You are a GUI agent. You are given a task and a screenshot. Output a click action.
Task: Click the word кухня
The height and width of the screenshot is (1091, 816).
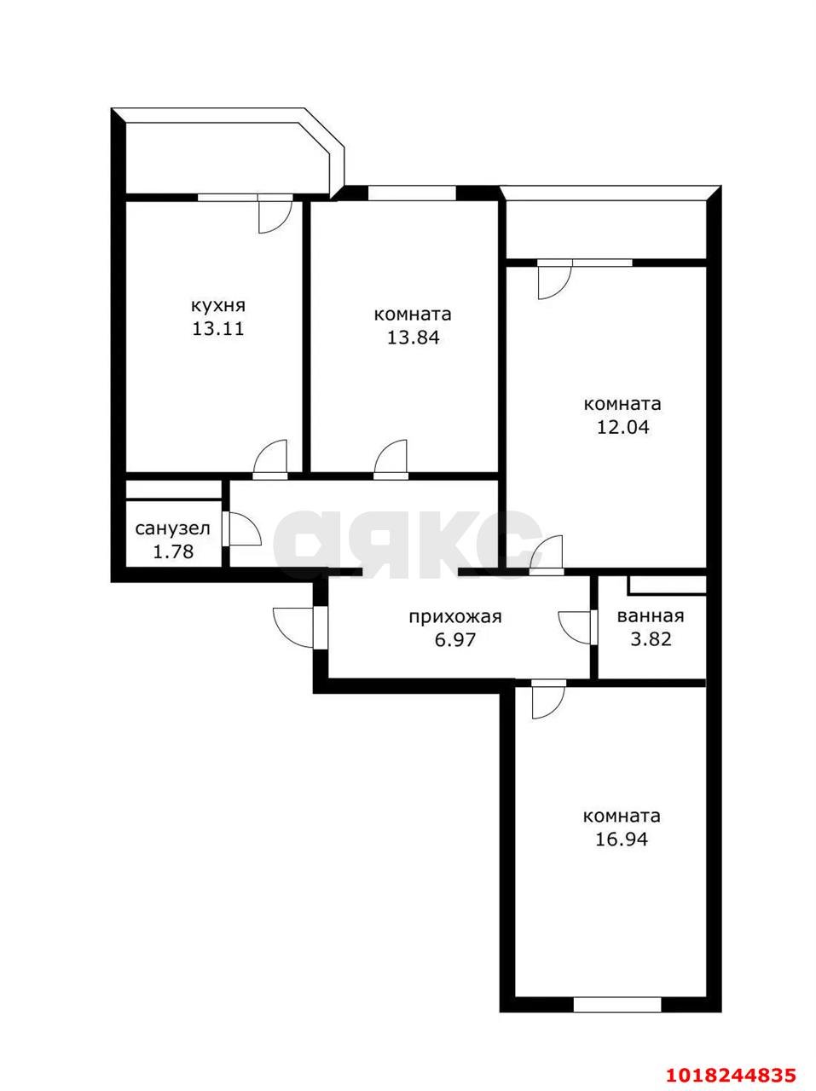(217, 306)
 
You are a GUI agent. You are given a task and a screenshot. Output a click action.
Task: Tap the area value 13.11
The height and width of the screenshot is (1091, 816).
(217, 329)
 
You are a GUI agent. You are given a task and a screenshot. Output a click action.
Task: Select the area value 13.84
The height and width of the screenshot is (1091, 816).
(414, 338)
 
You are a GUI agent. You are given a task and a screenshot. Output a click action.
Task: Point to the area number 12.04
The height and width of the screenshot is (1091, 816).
(622, 428)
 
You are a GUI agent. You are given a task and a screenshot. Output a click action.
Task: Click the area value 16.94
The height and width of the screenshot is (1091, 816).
(622, 840)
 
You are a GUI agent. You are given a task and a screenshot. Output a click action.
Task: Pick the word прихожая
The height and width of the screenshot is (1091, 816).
(455, 618)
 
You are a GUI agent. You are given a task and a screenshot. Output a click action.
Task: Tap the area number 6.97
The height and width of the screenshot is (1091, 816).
(455, 640)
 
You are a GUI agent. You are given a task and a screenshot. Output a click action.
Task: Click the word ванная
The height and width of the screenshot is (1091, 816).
(651, 616)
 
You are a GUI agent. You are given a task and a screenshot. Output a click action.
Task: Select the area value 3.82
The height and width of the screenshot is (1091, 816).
(651, 639)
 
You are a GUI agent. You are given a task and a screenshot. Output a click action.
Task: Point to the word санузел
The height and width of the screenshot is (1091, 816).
(172, 528)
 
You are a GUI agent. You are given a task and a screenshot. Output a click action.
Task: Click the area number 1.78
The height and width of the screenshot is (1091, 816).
(172, 551)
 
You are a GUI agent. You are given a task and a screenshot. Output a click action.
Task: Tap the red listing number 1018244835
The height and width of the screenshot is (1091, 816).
(731, 1071)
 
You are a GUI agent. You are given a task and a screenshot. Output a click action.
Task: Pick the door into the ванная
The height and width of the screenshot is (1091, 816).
(576, 627)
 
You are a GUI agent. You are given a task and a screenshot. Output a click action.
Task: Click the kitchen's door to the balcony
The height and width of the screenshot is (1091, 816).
(275, 214)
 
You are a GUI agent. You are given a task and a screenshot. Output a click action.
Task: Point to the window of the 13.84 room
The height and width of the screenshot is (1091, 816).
(412, 193)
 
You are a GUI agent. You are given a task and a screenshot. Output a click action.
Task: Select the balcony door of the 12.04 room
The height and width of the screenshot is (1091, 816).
(555, 280)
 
